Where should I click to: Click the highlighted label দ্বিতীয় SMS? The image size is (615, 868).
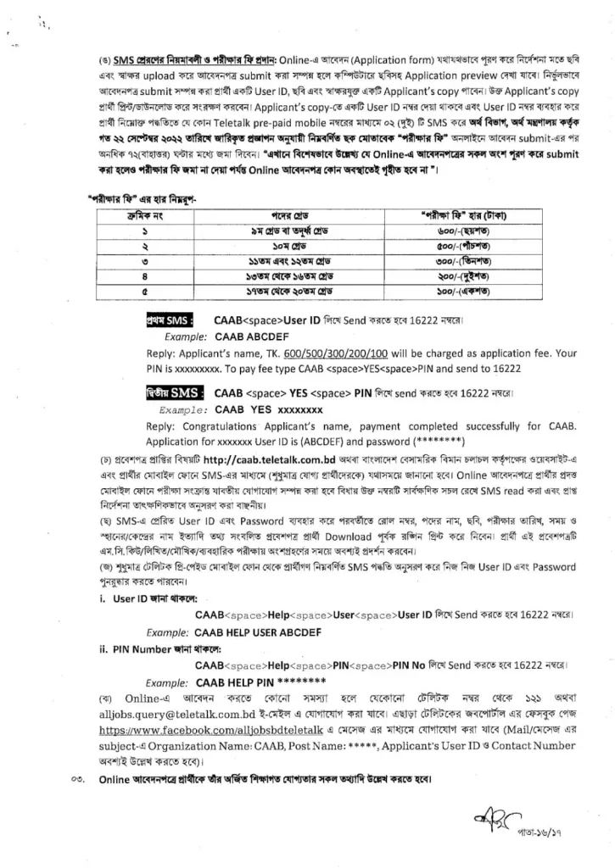pos(174,392)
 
